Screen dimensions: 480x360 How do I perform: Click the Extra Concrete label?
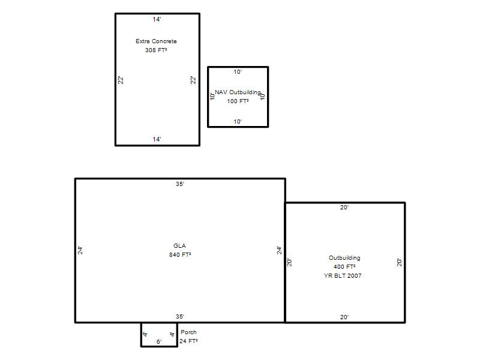(156, 41)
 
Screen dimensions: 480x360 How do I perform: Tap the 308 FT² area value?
(156, 50)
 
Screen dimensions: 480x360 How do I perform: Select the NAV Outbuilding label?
(238, 92)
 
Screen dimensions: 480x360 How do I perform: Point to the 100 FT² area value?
(238, 101)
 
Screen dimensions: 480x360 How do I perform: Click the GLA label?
(179, 245)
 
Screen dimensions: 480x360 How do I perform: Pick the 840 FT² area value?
(181, 254)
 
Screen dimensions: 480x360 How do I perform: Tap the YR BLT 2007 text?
(343, 275)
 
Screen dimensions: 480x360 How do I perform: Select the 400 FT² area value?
(344, 266)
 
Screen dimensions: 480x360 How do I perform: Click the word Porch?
(188, 332)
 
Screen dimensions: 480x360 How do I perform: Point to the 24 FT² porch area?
(188, 341)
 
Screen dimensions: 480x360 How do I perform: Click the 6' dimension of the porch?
(159, 341)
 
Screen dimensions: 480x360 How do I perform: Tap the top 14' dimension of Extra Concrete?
(157, 19)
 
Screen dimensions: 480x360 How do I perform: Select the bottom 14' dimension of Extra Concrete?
(157, 139)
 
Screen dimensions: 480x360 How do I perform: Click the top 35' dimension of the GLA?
(180, 184)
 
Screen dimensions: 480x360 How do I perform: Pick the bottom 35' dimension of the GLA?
(180, 316)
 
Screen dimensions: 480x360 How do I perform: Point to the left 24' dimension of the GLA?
(80, 250)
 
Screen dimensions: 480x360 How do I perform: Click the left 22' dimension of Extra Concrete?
(121, 80)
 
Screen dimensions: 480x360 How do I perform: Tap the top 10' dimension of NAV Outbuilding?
(238, 71)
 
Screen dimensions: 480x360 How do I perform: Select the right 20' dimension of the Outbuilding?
(400, 262)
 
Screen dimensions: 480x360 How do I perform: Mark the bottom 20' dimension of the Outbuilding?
(344, 317)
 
